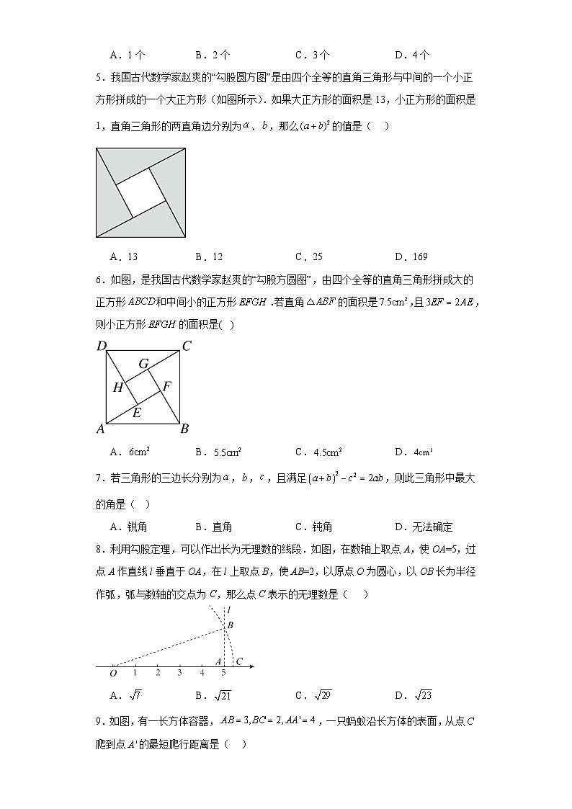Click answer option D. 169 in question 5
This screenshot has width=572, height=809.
coord(411,256)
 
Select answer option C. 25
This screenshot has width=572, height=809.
coord(309,256)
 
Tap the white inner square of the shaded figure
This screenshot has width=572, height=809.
coord(140,191)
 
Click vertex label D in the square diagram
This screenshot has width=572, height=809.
coord(101,347)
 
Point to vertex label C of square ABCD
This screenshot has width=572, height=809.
coord(186,347)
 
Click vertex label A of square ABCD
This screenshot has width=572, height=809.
coord(101,429)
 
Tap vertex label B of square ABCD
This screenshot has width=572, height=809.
coord(184,429)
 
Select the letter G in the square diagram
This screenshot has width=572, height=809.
coord(143,365)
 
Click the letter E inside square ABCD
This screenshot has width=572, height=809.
coord(136,413)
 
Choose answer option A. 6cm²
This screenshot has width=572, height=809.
coord(130,452)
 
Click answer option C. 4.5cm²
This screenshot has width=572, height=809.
coord(318,452)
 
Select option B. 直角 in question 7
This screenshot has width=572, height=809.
coord(213,527)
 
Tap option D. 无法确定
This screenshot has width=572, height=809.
coord(424,527)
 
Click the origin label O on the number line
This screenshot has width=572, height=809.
coord(113,674)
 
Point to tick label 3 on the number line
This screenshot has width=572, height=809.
coord(179,673)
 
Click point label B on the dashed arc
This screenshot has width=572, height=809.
coord(230,625)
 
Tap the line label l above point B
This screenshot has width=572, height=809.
coord(228,610)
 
